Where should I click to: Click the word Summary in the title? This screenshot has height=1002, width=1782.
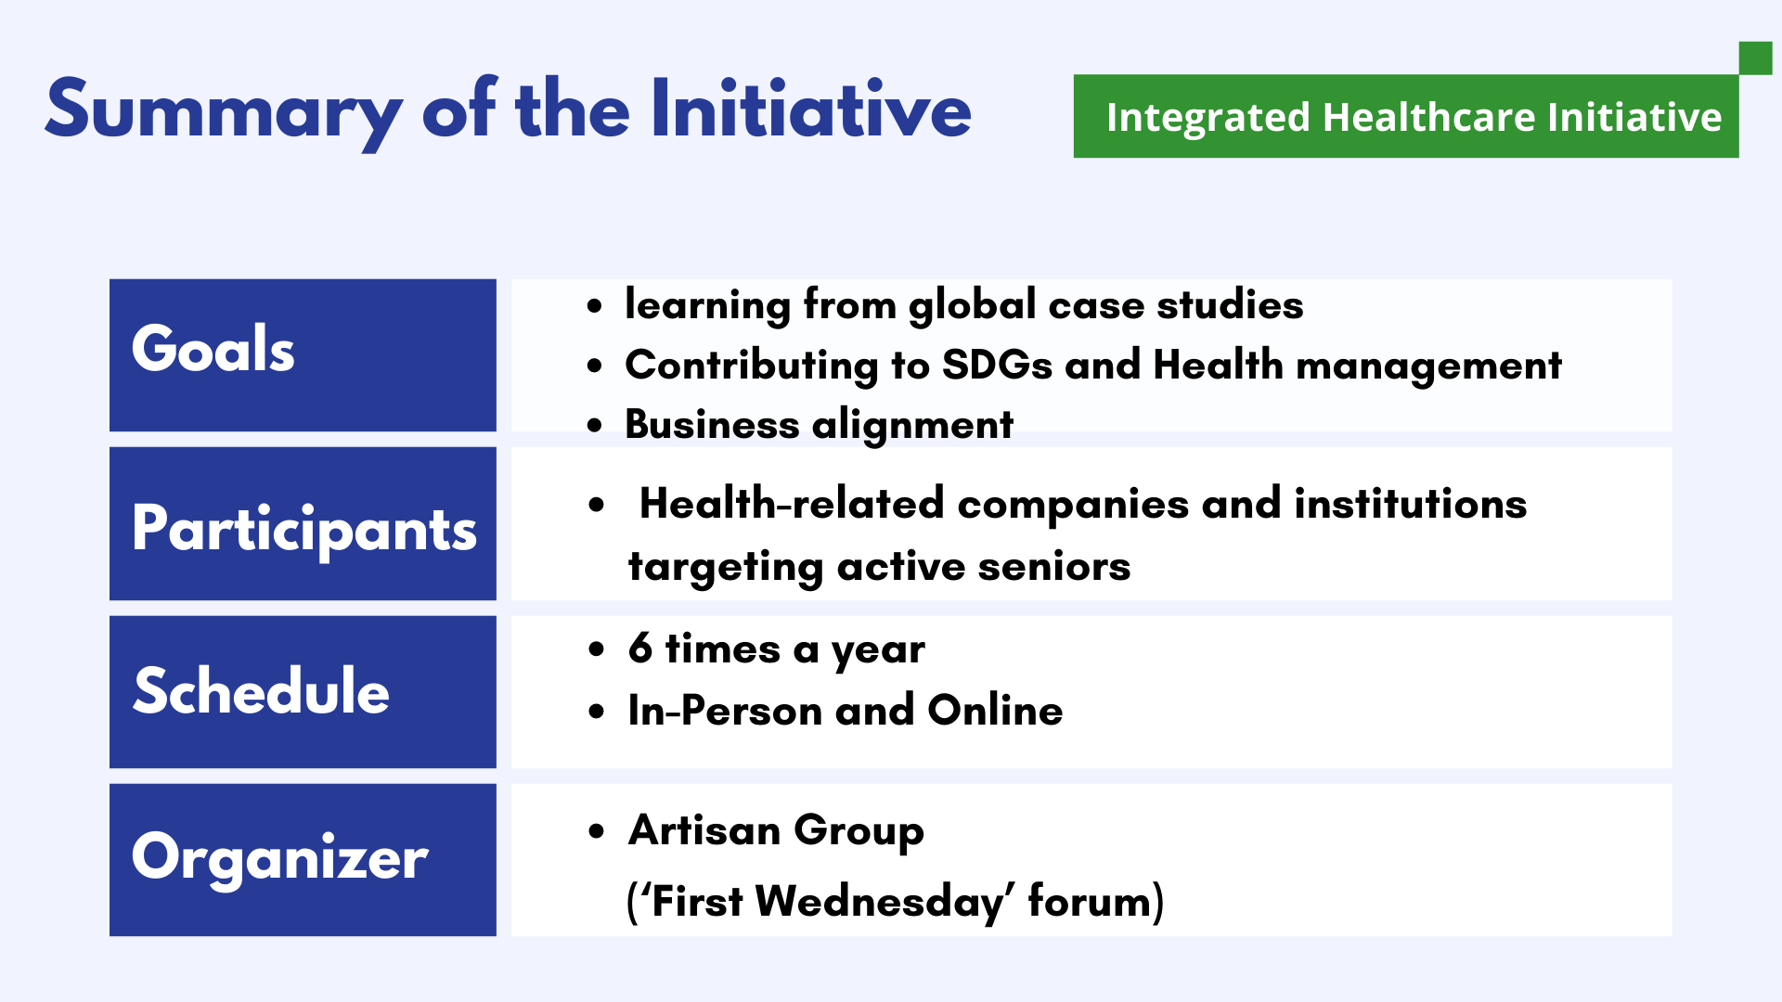pyautogui.click(x=224, y=111)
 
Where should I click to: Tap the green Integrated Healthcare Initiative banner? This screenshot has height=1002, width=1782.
pyautogui.click(x=1406, y=116)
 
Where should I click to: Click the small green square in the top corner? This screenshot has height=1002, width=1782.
pyautogui.click(x=1755, y=58)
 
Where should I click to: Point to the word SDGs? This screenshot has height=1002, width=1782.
pyautogui.click(x=997, y=365)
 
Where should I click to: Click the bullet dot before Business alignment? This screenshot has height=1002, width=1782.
pyautogui.click(x=595, y=426)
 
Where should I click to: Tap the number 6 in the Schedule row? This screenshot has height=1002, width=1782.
pyautogui.click(x=640, y=648)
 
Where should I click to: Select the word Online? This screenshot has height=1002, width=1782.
pyautogui.click(x=995, y=710)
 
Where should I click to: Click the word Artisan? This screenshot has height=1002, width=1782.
pyautogui.click(x=704, y=829)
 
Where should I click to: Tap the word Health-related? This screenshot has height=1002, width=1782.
pyautogui.click(x=792, y=504)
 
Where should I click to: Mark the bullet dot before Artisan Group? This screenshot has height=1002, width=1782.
pyautogui.click(x=596, y=831)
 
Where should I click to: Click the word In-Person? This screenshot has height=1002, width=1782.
pyautogui.click(x=725, y=710)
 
